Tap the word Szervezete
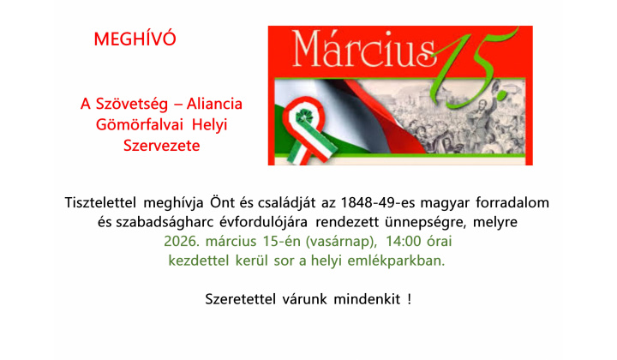[161, 146]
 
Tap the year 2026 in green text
[182, 242]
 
